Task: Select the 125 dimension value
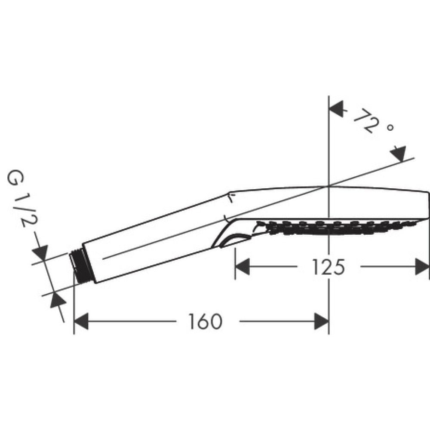(329, 267)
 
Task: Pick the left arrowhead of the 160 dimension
(82, 321)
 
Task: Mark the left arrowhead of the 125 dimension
(242, 267)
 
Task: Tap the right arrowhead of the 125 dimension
(422, 267)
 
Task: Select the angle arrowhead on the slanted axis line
(399, 154)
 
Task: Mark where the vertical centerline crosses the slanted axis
(329, 186)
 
